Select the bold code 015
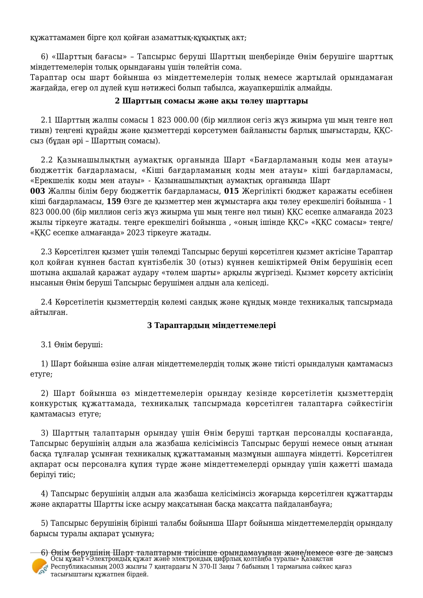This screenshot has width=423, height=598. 231,191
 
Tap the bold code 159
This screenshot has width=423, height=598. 114,202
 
